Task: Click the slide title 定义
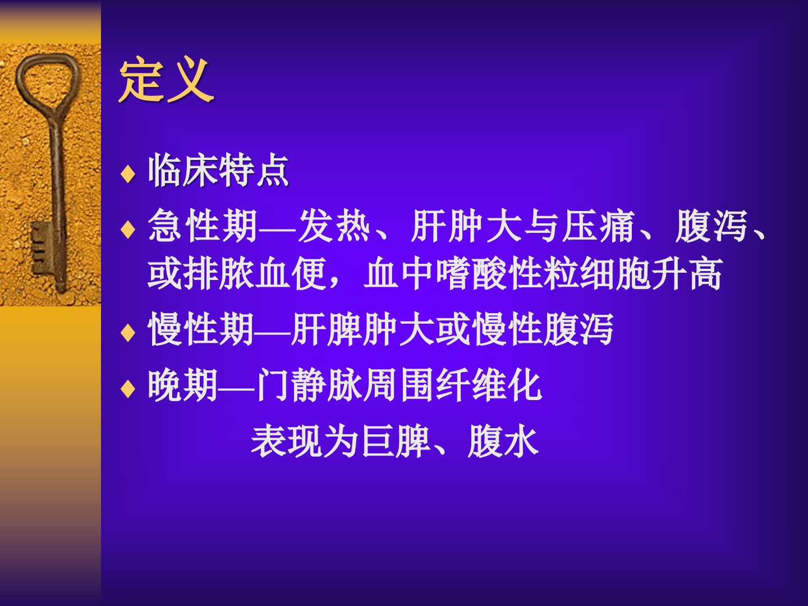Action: point(167,79)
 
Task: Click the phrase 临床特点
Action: point(218,172)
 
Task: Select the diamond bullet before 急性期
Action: point(128,229)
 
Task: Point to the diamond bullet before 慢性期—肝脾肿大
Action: point(128,333)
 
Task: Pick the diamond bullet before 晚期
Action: point(128,389)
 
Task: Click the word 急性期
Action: point(203,226)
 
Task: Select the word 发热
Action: point(334,226)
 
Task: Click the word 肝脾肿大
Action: point(361,329)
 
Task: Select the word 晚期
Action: point(183,385)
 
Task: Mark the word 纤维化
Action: point(489,385)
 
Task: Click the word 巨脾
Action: point(397,442)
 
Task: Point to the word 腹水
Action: point(503,442)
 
